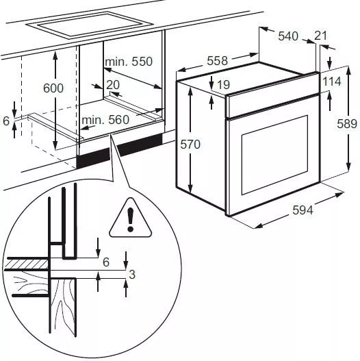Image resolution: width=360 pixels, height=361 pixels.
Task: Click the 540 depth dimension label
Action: tap(288, 36)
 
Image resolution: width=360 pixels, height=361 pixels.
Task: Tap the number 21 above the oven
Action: tap(320, 36)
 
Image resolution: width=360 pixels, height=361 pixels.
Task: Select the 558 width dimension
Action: tap(217, 61)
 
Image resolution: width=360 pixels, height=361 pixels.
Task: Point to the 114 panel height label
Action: tap(332, 82)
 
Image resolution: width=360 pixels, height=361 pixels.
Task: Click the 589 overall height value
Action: tap(347, 123)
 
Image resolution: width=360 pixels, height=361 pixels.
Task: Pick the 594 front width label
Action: tap(303, 210)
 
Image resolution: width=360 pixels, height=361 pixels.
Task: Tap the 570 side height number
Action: tap(190, 145)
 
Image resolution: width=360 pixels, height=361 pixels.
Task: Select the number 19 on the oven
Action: tap(223, 84)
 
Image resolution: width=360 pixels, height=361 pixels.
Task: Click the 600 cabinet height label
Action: tap(53, 88)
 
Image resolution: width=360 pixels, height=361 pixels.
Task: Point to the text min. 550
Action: tap(129, 62)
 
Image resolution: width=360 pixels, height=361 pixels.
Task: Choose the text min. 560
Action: tap(105, 120)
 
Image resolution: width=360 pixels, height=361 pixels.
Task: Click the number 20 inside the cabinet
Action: tap(113, 84)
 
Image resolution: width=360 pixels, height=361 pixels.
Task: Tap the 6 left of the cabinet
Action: tap(6, 121)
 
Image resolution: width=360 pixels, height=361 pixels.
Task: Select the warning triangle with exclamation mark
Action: tap(131, 218)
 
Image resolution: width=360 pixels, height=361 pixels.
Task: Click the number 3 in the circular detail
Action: tap(132, 274)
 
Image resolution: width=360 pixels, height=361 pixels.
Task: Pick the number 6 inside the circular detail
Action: tap(106, 262)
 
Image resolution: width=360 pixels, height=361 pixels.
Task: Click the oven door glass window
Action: tap(274, 155)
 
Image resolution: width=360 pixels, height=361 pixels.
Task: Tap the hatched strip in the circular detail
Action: tap(26, 264)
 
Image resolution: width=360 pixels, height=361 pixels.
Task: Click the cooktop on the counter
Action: tap(90, 25)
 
